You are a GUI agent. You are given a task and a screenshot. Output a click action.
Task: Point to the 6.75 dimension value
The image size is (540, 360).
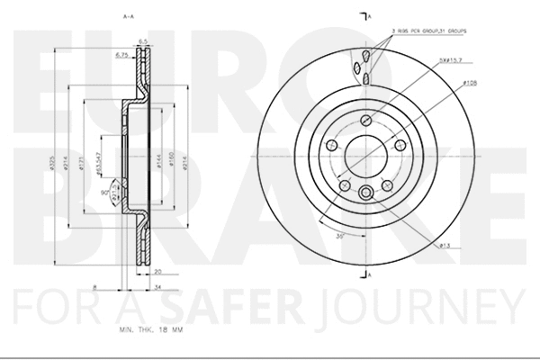[x=122, y=56]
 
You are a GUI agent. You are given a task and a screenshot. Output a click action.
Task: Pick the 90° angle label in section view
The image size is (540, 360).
[x=104, y=193]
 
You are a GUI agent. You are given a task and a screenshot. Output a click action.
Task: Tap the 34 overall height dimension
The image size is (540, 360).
[x=157, y=287]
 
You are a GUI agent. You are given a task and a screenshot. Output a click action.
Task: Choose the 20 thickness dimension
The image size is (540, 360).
[x=157, y=270]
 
